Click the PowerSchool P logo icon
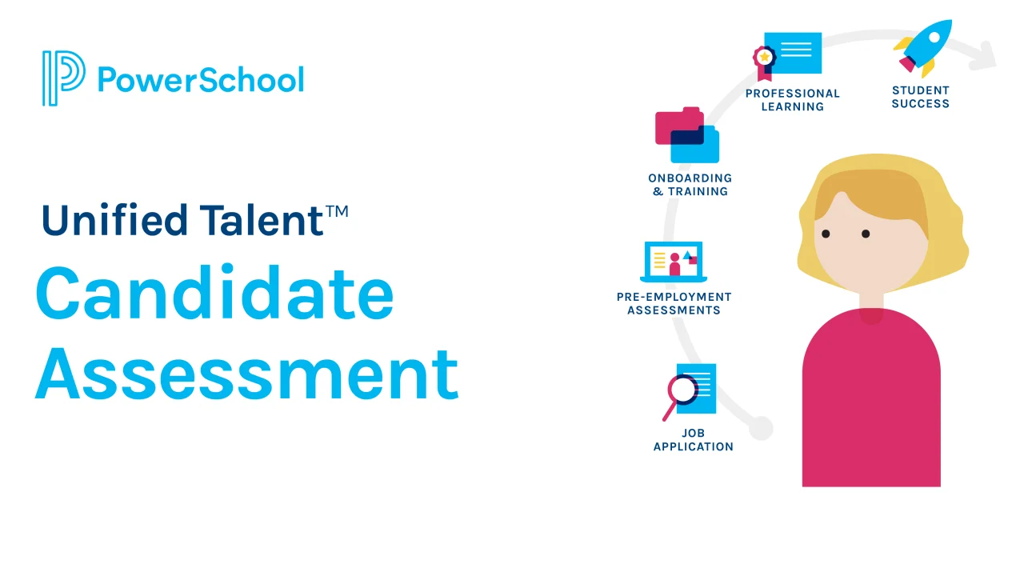pos(63,78)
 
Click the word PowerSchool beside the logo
pos(201,80)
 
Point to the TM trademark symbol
pos(337,211)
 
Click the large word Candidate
pos(215,293)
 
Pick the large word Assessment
pos(247,373)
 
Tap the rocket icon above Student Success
pos(923,48)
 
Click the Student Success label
pos(921,98)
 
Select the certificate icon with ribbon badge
pos(787,56)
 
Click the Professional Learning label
pos(793,100)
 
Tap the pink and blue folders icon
pos(687,135)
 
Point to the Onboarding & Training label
pos(690,185)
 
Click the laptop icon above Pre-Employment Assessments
pos(674,262)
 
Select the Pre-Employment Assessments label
pos(674,303)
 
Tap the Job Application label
pos(693,440)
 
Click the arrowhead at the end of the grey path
pos(984,57)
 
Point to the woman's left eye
pos(866,234)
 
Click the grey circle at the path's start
pos(761,428)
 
